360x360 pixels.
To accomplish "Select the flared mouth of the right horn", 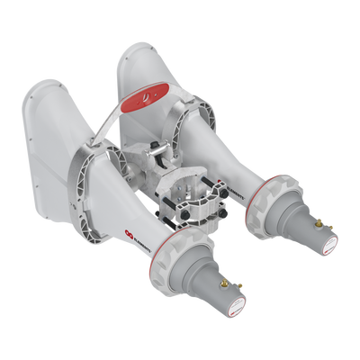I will [148, 67].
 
